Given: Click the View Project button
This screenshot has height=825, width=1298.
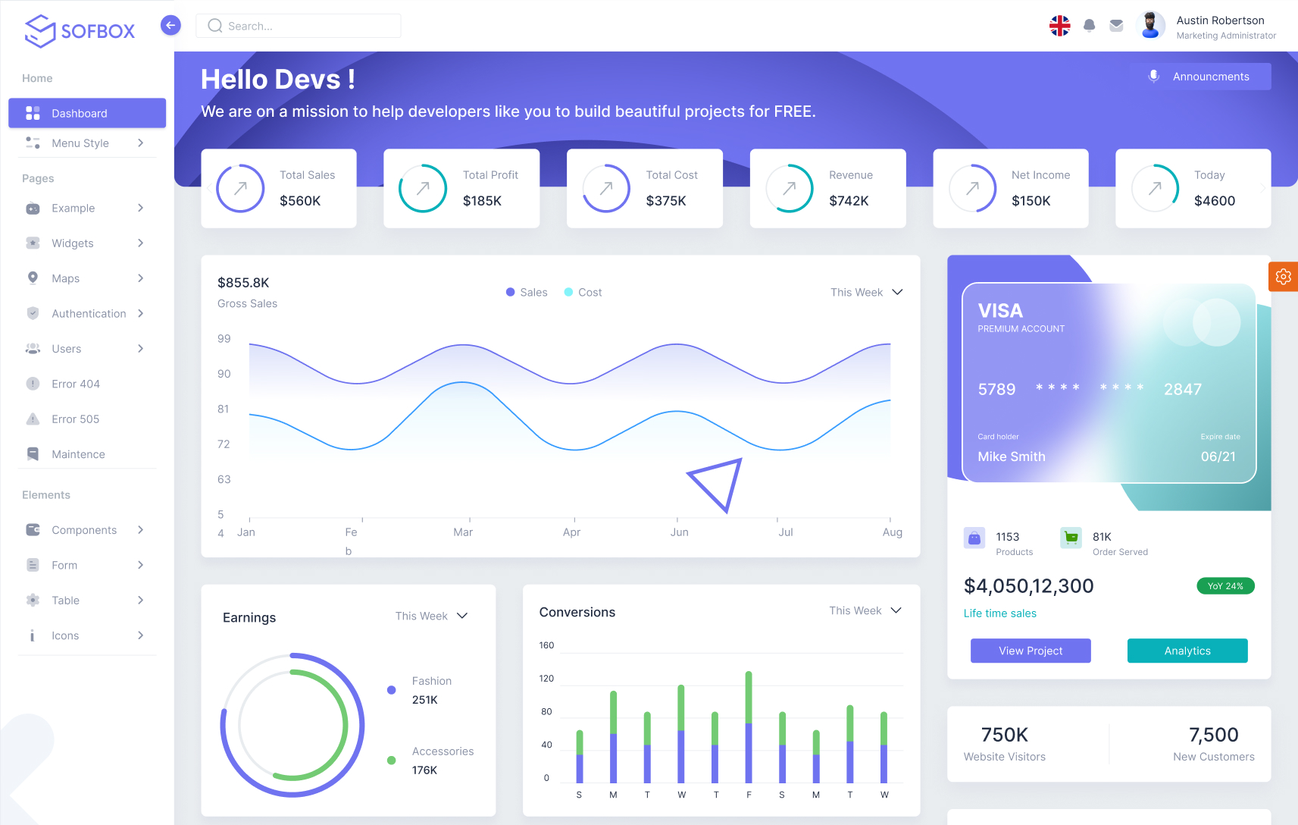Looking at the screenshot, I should [x=1031, y=651].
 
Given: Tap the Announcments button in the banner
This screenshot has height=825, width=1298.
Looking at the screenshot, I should [x=1201, y=77].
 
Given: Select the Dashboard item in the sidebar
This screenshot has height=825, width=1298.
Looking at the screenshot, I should [x=87, y=113].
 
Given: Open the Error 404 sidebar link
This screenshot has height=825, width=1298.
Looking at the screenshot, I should [x=75, y=384].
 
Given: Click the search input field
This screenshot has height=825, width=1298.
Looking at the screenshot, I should [x=299, y=26].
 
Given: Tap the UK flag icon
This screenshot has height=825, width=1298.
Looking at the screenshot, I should [x=1059, y=26].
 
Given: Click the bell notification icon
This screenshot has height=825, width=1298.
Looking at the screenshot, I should [x=1089, y=26].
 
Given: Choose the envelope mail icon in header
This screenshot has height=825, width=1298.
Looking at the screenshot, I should [x=1116, y=26].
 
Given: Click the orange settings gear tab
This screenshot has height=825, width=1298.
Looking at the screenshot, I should [x=1283, y=277].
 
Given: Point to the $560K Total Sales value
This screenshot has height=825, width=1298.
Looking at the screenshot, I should [x=300, y=201].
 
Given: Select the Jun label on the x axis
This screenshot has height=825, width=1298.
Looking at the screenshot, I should [x=679, y=532].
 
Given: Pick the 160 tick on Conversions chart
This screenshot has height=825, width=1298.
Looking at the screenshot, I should [x=546, y=645].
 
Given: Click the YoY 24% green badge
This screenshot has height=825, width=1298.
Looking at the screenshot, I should [x=1225, y=586].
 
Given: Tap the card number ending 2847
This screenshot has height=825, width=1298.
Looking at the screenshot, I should [x=1182, y=390].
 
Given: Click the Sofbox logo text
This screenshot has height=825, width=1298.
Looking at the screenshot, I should [x=97, y=31].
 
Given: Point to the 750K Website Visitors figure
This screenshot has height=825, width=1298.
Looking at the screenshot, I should [x=1004, y=735].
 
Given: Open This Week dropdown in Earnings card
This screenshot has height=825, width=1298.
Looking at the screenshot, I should [x=431, y=616].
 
